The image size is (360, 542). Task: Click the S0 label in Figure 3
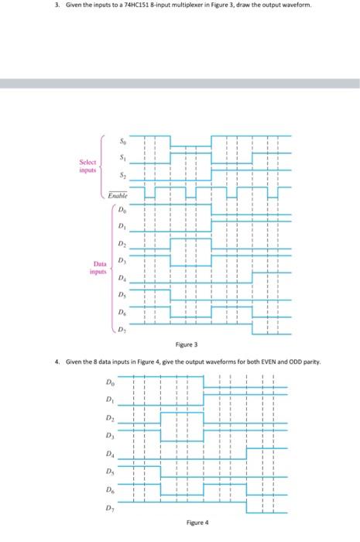pos(120,142)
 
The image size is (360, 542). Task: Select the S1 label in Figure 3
pos(120,159)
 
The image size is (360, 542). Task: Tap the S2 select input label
pos(120,177)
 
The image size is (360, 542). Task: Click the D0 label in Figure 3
pos(122,208)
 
